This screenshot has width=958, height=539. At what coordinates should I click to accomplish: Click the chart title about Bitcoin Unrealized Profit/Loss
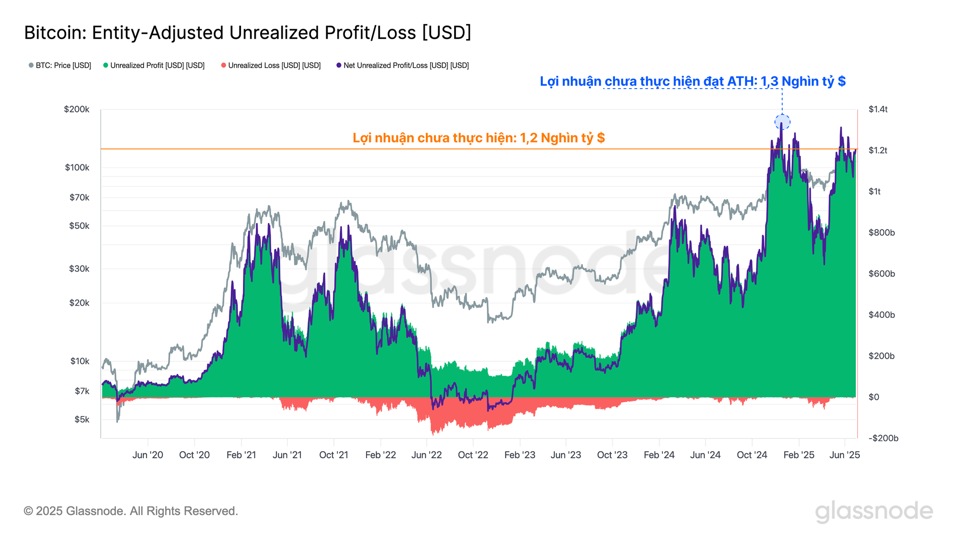click(x=248, y=33)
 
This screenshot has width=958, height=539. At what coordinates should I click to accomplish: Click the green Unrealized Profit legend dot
click(x=106, y=65)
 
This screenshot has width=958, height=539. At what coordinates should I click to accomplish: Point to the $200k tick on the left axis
click(x=77, y=109)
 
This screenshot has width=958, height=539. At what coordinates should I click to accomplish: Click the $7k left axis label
click(x=82, y=391)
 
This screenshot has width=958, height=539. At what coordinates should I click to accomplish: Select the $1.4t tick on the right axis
click(x=878, y=109)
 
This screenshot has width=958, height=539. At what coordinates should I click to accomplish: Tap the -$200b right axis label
click(x=883, y=438)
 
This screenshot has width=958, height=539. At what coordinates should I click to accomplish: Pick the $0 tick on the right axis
click(x=874, y=397)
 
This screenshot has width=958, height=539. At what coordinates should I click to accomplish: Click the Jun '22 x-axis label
click(x=426, y=455)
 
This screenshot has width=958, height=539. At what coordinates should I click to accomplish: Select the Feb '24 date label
click(x=659, y=455)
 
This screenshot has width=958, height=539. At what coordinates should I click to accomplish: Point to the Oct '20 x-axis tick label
click(x=194, y=455)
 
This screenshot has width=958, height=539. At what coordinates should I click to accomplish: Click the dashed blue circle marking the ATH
click(x=782, y=122)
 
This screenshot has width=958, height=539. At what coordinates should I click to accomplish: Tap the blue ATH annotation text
click(x=693, y=81)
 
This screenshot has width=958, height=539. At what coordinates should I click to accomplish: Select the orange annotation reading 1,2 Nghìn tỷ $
click(x=479, y=138)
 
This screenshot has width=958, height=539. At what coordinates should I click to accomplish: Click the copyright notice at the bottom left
click(x=131, y=511)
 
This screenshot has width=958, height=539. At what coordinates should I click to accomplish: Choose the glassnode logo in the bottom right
click(x=874, y=512)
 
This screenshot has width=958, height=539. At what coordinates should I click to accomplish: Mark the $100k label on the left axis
click(x=77, y=167)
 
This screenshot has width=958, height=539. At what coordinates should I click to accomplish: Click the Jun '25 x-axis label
click(x=844, y=455)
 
